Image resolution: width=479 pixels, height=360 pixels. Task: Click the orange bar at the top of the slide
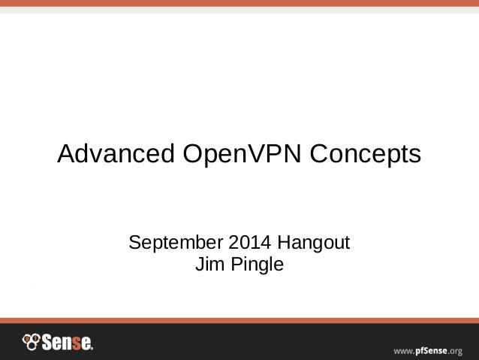239,3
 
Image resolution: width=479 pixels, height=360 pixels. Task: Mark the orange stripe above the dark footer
239,320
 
